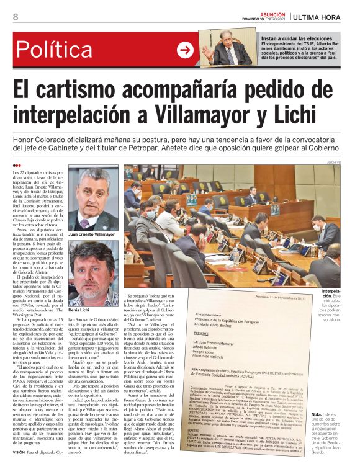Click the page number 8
tap(16, 17)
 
